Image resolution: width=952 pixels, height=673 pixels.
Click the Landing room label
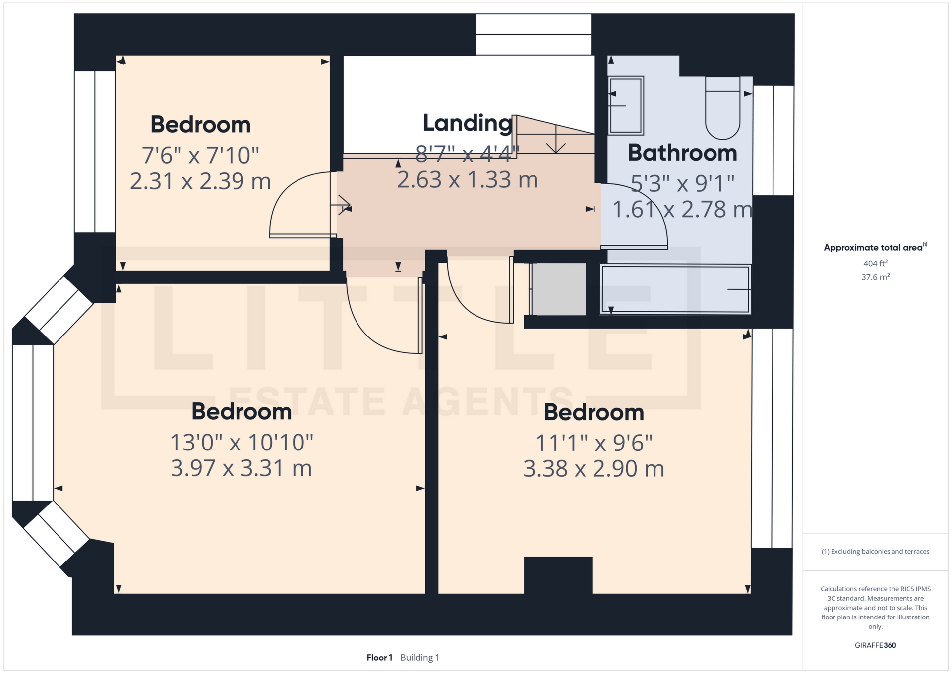tap(467, 123)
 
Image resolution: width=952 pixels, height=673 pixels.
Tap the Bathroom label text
tap(682, 153)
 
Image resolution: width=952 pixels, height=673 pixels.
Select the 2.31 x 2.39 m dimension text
tap(200, 181)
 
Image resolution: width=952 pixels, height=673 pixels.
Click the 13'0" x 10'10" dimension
tap(241, 443)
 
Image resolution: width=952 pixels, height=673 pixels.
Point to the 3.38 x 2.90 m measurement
tap(594, 469)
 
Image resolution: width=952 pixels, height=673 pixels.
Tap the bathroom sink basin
tap(626, 105)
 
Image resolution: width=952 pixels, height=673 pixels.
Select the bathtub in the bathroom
tap(675, 290)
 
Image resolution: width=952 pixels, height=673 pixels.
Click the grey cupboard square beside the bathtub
tap(559, 289)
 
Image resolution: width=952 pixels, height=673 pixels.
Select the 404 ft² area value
tap(875, 264)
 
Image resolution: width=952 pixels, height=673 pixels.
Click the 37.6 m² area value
tap(875, 277)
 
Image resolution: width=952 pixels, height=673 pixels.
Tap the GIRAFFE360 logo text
tap(875, 645)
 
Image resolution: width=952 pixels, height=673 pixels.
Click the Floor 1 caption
tap(379, 658)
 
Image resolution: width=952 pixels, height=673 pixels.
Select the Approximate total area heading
tap(874, 248)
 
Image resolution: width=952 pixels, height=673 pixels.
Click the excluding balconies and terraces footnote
tap(875, 552)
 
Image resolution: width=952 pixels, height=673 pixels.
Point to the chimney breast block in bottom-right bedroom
tap(558, 575)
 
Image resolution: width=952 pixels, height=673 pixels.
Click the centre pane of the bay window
tap(33, 423)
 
